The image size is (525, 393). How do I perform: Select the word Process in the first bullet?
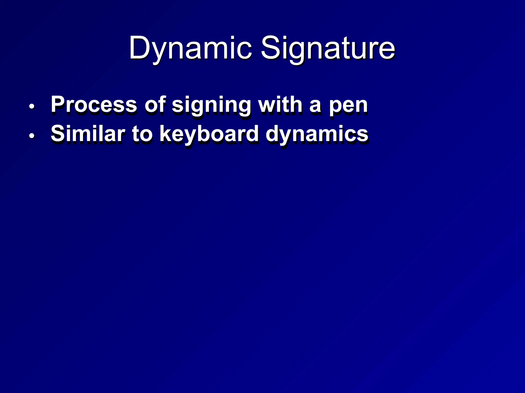pos(94,104)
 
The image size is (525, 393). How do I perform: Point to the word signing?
pos(211,105)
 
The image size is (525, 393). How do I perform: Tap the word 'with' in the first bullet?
pos(280,104)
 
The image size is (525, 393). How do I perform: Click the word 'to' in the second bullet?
pos(143,134)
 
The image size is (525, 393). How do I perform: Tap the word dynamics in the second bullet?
pos(317,134)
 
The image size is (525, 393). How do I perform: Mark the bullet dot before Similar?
pos(32,136)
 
